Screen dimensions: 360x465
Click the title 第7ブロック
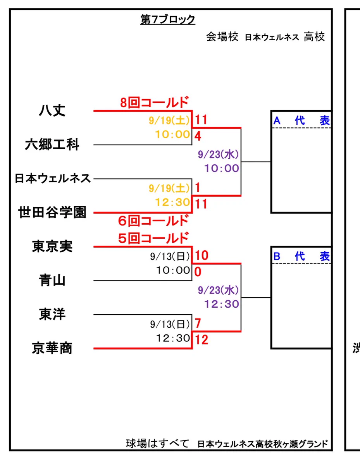pos(168,20)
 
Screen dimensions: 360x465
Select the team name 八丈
pos(52,110)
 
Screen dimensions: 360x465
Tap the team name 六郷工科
pos(52,145)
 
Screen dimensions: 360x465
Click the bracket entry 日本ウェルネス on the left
pos(53,179)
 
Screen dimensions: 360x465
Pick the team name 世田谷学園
pos(52,212)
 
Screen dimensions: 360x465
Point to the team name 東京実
pos(52,246)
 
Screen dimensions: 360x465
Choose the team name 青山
pos(52,280)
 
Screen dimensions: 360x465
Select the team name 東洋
pos(52,314)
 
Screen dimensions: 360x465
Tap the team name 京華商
pos(52,348)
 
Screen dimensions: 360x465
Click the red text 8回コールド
pos(155,103)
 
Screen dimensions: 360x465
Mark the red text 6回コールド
pos(153,221)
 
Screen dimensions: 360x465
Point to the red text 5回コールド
pos(153,238)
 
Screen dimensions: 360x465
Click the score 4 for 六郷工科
pos(198,136)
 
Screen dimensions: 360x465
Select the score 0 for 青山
pos(198,272)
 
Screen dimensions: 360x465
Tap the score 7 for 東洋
pos(198,323)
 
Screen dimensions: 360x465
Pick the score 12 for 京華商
pos(202,340)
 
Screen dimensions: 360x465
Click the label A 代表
pos(301,121)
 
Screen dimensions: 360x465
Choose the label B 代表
pos(301,257)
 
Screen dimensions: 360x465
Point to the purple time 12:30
pos(222,304)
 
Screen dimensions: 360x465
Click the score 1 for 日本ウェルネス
pos(197,188)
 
